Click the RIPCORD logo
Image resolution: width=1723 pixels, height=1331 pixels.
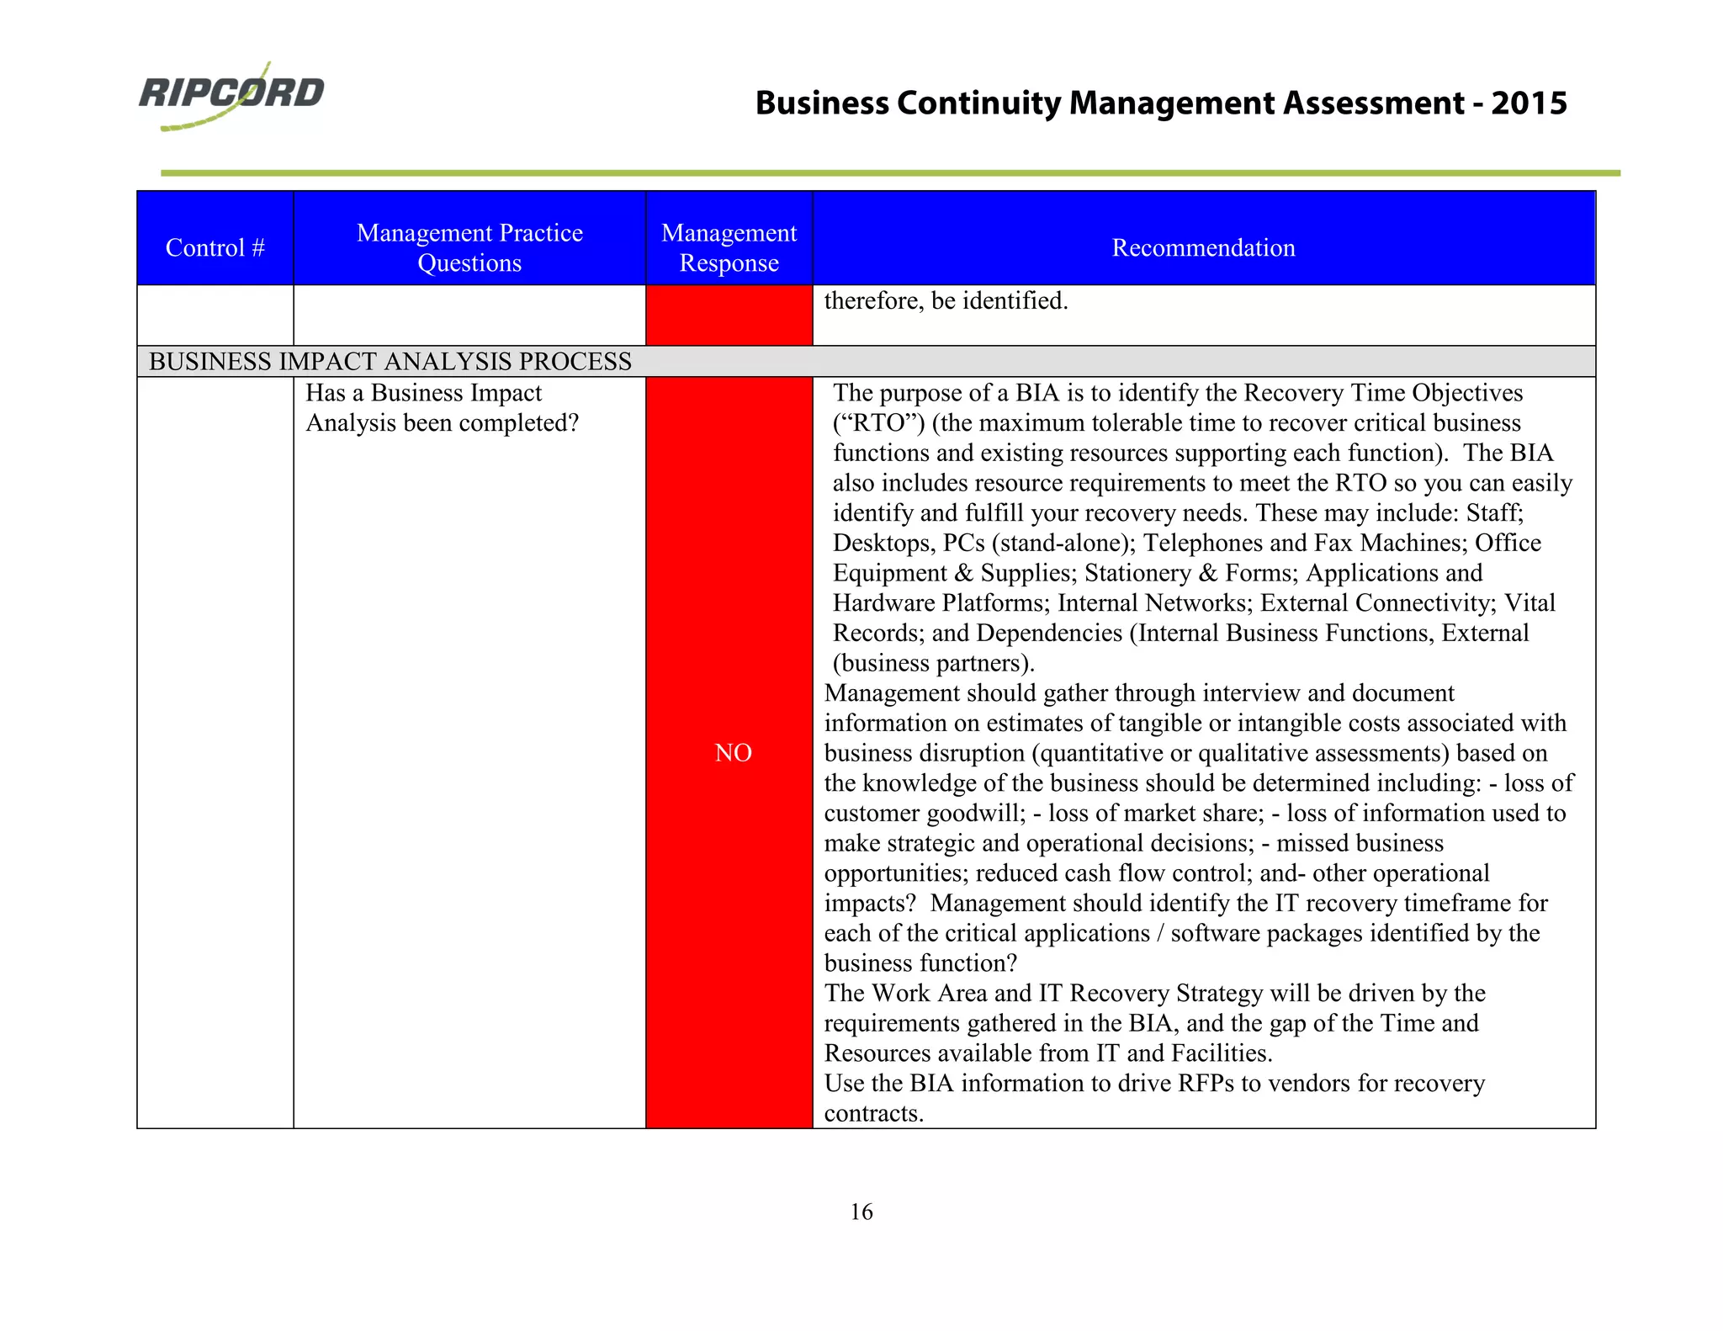pyautogui.click(x=231, y=94)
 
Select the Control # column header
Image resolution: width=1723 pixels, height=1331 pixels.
pyautogui.click(x=215, y=247)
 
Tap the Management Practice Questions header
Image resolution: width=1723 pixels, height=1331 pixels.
pyautogui.click(x=469, y=247)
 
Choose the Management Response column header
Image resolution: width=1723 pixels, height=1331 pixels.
pyautogui.click(x=729, y=247)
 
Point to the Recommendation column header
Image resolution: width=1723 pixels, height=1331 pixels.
pyautogui.click(x=1203, y=247)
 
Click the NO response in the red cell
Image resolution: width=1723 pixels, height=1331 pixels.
pyautogui.click(x=733, y=753)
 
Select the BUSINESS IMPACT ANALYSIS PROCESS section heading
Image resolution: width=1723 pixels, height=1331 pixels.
pyautogui.click(x=390, y=361)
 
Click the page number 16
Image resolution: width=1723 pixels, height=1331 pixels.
pyautogui.click(x=861, y=1212)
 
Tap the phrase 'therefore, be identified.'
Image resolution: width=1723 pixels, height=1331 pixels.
pyautogui.click(x=946, y=300)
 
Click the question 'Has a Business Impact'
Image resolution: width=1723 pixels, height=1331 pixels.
pyautogui.click(x=423, y=393)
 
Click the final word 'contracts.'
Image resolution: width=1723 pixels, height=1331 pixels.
pyautogui.click(x=874, y=1113)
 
